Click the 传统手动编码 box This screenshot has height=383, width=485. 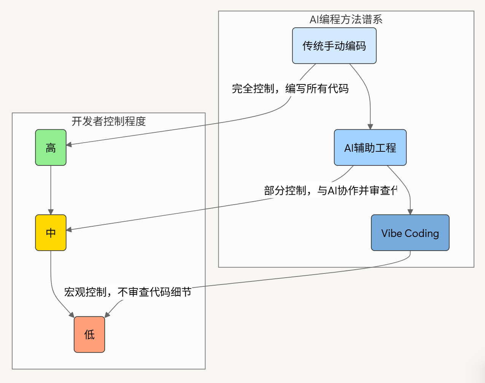pyautogui.click(x=334, y=46)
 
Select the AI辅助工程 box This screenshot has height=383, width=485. pyautogui.click(x=370, y=148)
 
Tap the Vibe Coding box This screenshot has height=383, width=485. pyautogui.click(x=410, y=233)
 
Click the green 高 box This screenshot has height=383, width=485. pyautogui.click(x=51, y=148)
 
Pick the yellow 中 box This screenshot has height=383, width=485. pyautogui.click(x=51, y=233)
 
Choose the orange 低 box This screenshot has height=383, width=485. pyautogui.click(x=89, y=334)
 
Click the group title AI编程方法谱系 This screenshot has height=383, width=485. pyautogui.click(x=346, y=19)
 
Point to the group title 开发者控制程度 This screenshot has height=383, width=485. pyautogui.click(x=109, y=121)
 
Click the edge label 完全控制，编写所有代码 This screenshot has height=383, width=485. pyautogui.click(x=290, y=89)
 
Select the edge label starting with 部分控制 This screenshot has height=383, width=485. pyautogui.click(x=330, y=190)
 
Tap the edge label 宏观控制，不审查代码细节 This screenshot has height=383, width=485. pyautogui.click(x=128, y=292)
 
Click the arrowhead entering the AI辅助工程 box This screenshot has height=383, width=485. pyautogui.click(x=370, y=127)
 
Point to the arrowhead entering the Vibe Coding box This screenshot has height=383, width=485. pyautogui.click(x=410, y=212)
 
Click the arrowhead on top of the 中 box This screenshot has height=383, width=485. pyautogui.click(x=51, y=212)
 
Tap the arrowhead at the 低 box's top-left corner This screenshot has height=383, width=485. pyautogui.click(x=72, y=315)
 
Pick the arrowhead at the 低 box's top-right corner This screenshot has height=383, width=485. pyautogui.click(x=107, y=315)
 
